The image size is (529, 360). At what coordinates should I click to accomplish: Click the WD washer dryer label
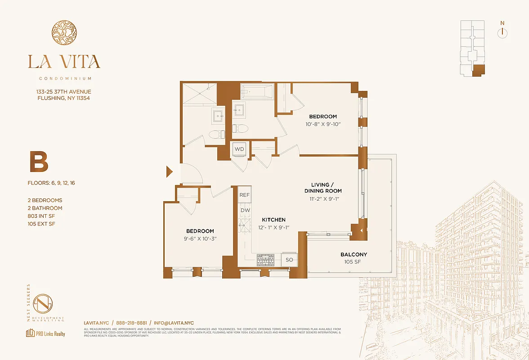tap(239, 149)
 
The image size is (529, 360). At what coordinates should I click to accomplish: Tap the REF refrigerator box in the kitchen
tap(244, 195)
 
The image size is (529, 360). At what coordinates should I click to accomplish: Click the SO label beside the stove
tap(289, 260)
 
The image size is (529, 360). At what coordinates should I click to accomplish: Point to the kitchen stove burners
tap(265, 259)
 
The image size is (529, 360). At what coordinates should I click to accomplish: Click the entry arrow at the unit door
tap(170, 171)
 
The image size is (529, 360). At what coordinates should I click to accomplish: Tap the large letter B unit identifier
tap(39, 162)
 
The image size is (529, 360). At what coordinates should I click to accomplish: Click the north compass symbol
tap(502, 32)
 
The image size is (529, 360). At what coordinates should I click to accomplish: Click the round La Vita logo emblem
tap(64, 35)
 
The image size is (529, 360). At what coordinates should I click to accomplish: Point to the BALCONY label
tap(354, 254)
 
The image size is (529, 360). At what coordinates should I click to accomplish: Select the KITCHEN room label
tap(274, 220)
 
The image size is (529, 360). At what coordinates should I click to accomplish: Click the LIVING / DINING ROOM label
tap(323, 188)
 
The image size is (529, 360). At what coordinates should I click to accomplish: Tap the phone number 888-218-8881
tap(131, 323)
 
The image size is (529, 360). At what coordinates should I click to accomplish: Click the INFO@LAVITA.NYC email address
tap(174, 323)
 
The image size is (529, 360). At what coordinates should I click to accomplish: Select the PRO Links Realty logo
tap(45, 333)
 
